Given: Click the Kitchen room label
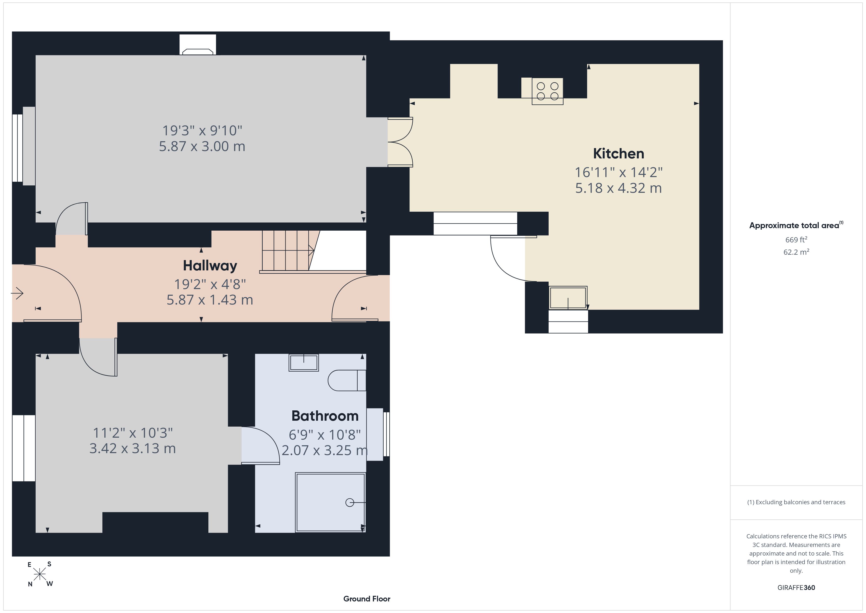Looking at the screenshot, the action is point(619,154).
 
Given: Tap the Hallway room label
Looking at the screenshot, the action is point(210,266).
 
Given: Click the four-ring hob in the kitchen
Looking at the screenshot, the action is point(547,91).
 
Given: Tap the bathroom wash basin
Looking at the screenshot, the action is point(304,362).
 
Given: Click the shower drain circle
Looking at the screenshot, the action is point(350,502).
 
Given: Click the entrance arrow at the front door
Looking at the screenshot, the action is point(17,293).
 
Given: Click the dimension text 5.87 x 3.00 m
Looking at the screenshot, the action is point(202,146).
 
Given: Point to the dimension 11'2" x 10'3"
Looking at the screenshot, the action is point(133,432).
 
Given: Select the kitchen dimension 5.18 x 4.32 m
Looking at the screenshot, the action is point(619,188).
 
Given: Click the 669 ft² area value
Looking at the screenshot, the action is point(796,240).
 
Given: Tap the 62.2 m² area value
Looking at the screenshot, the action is point(796,252).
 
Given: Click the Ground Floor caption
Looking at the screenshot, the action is point(367,599).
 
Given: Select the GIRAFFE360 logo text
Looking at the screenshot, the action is point(796,587).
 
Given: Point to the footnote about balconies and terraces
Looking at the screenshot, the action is point(796,502).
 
